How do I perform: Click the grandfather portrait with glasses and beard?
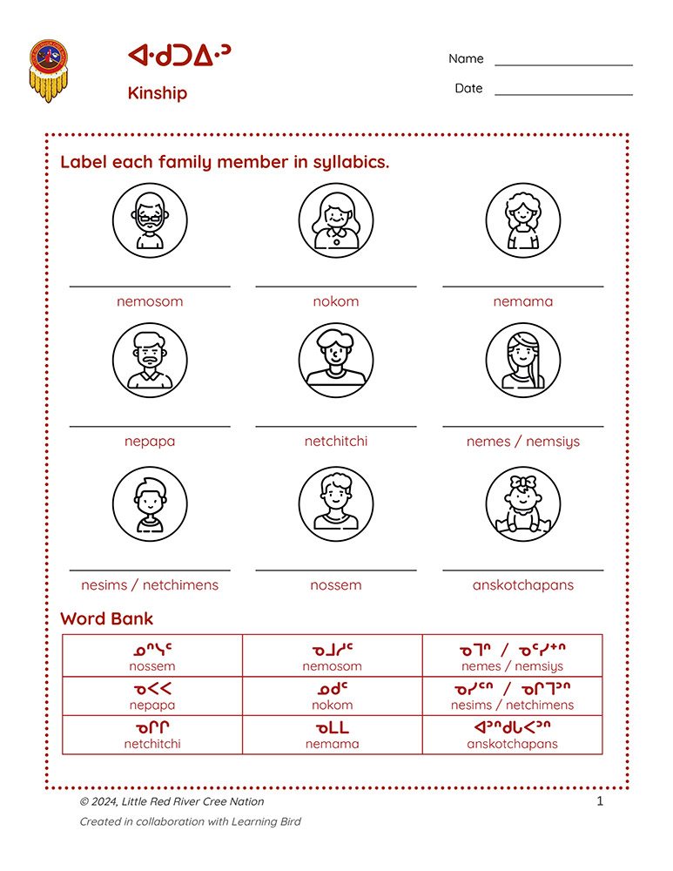click(150, 220)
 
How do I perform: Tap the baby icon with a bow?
click(522, 504)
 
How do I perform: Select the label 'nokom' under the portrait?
click(336, 301)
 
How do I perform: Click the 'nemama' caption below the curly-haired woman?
click(522, 301)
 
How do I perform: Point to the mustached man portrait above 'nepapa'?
click(150, 361)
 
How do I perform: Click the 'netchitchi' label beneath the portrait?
click(336, 441)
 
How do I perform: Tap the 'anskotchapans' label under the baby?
click(522, 584)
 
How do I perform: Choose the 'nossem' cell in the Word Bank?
click(152, 657)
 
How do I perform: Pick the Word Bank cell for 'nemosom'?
click(332, 657)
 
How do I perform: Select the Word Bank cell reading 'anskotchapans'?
click(512, 735)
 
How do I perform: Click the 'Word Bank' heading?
click(106, 619)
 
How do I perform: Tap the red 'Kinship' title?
click(158, 93)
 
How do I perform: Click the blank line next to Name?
click(563, 64)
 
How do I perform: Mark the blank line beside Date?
click(563, 94)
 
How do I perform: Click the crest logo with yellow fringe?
click(48, 70)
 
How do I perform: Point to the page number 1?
click(600, 801)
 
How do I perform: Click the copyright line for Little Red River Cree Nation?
click(172, 801)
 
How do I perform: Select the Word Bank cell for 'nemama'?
click(332, 735)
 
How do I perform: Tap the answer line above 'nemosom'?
click(150, 285)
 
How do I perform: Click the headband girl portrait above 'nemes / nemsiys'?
click(522, 361)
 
